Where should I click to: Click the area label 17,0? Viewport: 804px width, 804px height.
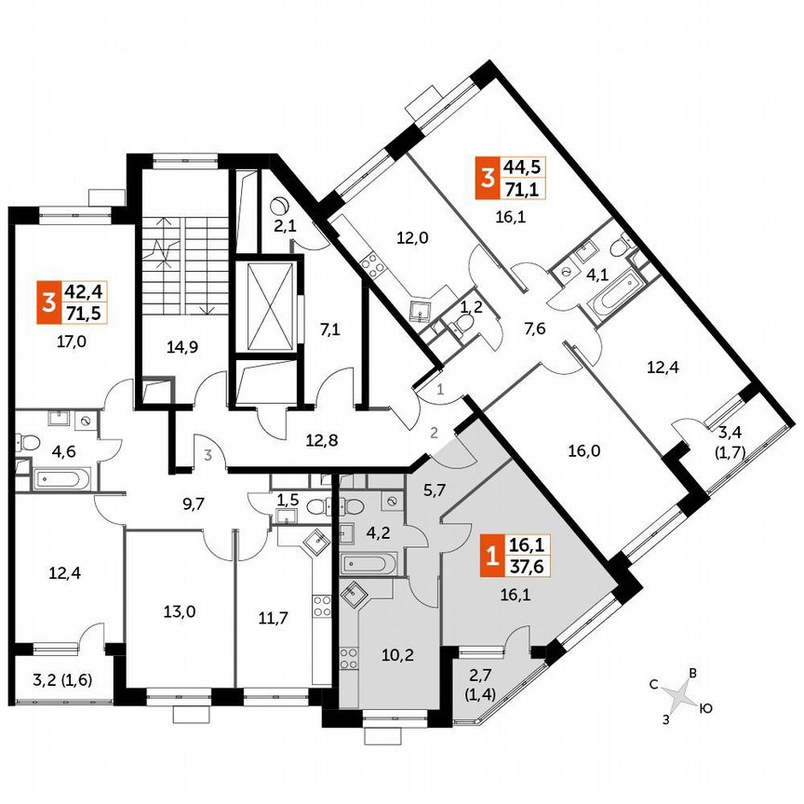click(72, 342)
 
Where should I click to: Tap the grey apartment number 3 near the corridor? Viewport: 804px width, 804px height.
click(210, 455)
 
